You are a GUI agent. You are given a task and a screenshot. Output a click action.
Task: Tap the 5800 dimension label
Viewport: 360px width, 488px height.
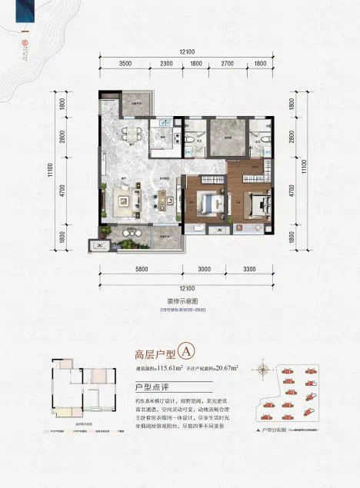click(139, 271)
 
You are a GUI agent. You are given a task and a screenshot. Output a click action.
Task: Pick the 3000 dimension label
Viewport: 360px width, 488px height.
click(204, 271)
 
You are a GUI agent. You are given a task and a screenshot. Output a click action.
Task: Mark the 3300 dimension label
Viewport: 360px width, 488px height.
click(250, 271)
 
